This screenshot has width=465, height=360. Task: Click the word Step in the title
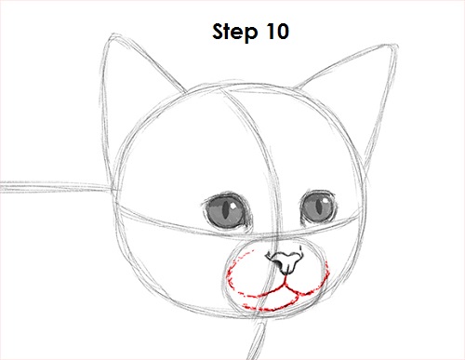[x=232, y=33]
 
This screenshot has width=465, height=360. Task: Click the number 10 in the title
[x=276, y=33]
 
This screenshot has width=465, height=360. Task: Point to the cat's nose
[x=285, y=260]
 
